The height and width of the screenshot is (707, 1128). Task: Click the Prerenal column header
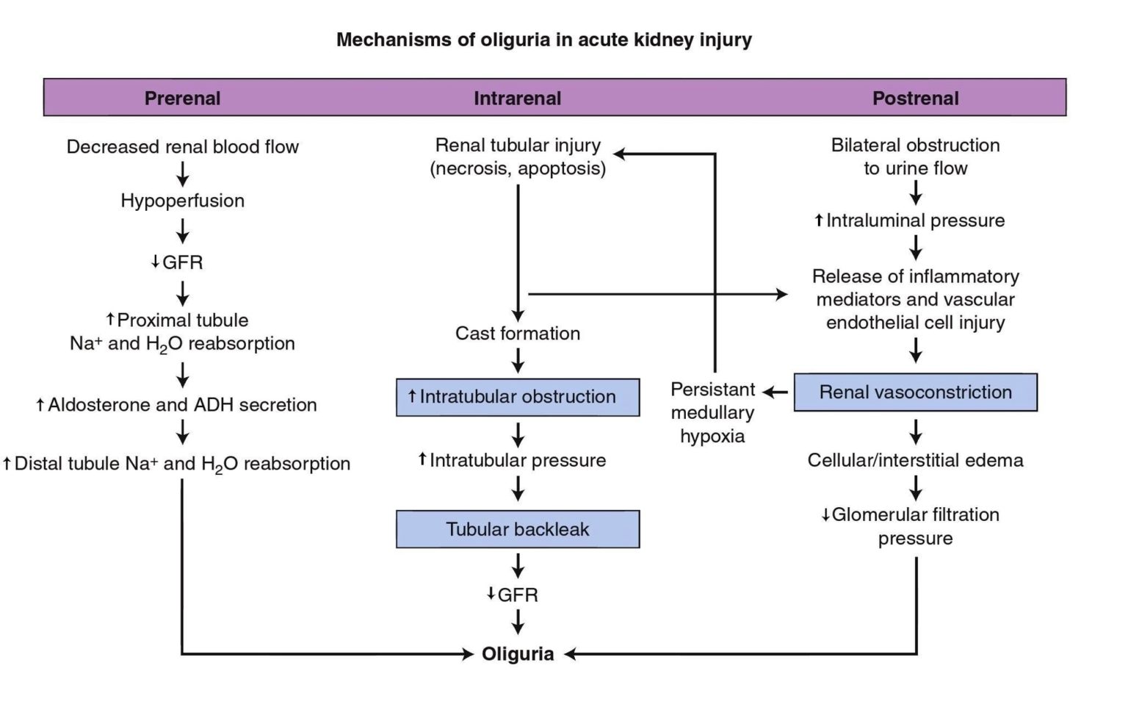pos(182,98)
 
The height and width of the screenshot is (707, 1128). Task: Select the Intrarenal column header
pos(517,98)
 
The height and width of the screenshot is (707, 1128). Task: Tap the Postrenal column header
pos(915,98)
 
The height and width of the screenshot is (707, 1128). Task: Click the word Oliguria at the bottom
pos(518,654)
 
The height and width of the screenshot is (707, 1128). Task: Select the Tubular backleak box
pos(518,529)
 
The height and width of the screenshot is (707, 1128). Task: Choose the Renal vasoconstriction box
pos(915,392)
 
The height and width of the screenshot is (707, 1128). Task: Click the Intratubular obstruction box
pos(518,397)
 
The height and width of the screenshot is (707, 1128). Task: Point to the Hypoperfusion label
pos(182,201)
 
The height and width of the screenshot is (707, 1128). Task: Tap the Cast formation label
pos(518,334)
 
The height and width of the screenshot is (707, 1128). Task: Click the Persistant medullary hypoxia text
pos(712,412)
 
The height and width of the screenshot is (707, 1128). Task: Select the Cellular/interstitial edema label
pos(915,461)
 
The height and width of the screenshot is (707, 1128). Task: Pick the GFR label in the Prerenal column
pos(177,262)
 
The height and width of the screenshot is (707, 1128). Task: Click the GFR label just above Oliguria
pos(513,595)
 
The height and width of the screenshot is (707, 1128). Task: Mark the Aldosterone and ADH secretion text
pos(176,405)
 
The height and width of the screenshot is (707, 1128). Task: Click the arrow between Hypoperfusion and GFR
pos(182,232)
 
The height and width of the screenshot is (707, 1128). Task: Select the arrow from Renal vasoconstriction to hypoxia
pos(775,392)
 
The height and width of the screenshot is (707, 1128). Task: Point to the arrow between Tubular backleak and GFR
pos(518,565)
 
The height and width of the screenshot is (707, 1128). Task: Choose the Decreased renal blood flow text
pos(182,147)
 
